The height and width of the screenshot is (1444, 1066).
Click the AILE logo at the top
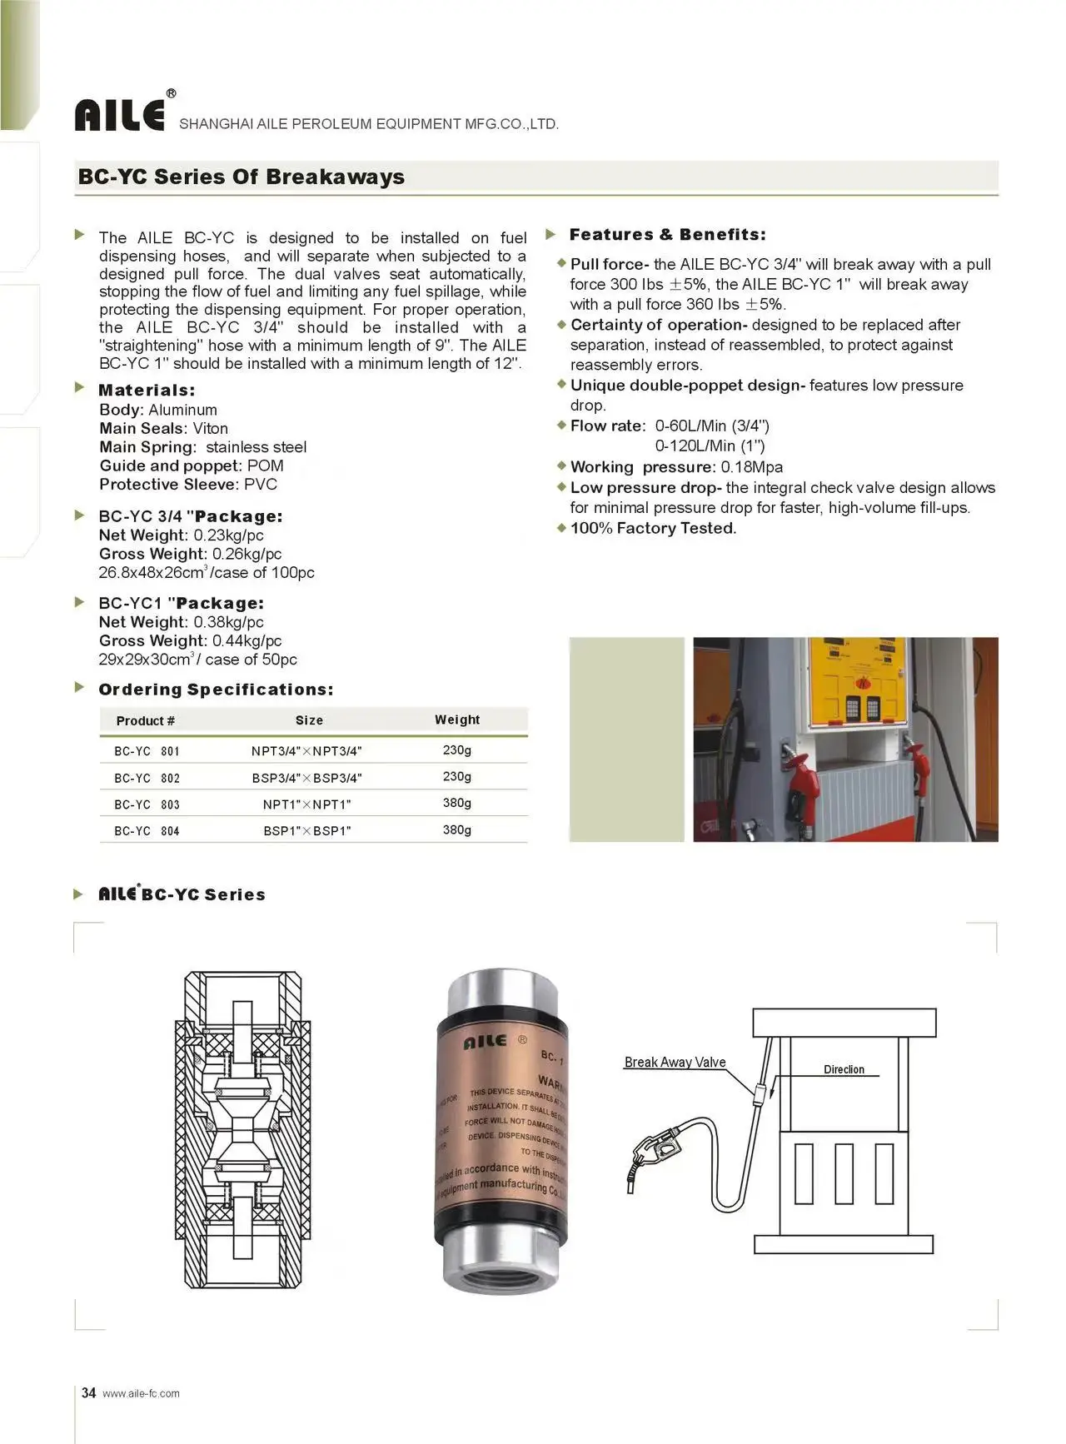pos(120,115)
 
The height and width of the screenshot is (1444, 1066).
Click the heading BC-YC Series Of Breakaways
pos(241,177)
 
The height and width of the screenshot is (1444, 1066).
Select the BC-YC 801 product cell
pos(147,751)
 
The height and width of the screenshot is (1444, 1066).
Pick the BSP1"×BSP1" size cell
pos(307,831)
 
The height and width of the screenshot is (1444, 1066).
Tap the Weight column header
pos(457,720)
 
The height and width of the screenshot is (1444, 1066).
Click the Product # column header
pos(146,720)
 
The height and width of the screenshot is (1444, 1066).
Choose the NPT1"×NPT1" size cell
pos(307,804)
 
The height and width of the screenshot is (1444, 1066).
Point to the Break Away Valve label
pos(675,1063)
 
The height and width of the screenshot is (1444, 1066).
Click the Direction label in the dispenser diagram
pos(844,1069)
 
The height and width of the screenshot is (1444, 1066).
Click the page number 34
pos(89,1392)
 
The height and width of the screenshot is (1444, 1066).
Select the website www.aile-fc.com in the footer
pos(141,1393)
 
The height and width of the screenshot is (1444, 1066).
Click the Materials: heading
pos(147,390)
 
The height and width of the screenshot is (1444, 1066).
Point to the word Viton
pos(210,428)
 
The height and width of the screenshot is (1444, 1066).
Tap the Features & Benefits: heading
pos(667,235)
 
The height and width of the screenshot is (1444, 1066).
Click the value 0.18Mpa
pos(751,467)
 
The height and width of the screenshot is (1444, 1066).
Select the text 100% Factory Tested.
pos(653,528)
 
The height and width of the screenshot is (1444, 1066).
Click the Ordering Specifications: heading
pos(216,690)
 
